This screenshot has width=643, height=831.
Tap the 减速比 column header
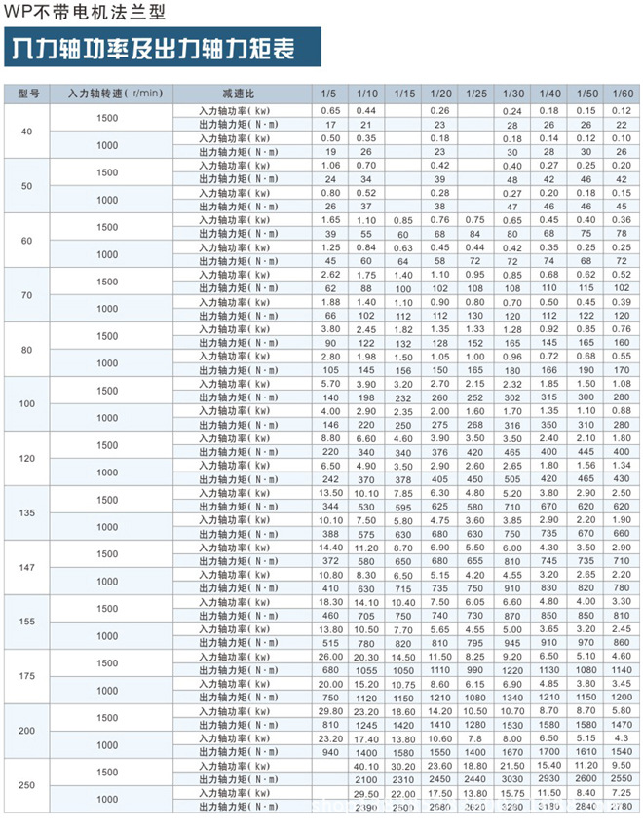coord(238,94)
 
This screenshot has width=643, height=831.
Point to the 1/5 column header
coord(330,94)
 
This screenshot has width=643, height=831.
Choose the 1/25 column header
coord(475,94)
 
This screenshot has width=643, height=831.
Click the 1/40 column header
coord(548,94)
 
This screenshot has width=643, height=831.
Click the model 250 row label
coord(26,785)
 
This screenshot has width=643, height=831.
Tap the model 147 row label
coord(26,568)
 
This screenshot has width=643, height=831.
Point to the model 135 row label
coord(26,513)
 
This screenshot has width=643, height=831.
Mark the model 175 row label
coord(26,677)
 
